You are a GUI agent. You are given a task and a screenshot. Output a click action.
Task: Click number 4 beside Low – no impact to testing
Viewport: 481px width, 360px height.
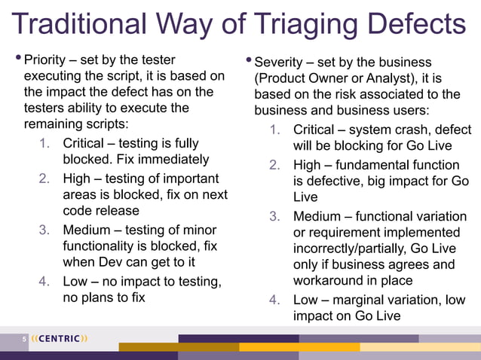pos(44,282)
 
